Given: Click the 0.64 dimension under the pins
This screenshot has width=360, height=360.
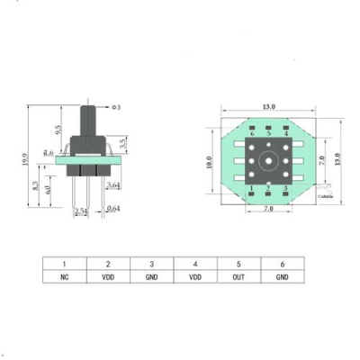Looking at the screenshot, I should (x=113, y=211).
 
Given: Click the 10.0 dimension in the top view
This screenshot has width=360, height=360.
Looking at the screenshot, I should (x=208, y=164).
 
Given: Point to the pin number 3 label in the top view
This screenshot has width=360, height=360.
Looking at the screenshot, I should (x=285, y=188).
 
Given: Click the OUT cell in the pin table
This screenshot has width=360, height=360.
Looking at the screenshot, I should (x=238, y=277).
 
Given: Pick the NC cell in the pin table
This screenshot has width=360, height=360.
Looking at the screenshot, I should (x=65, y=277).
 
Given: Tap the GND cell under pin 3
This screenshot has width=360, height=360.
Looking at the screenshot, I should (x=151, y=277).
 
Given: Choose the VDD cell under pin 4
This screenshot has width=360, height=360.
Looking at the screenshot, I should (x=194, y=277).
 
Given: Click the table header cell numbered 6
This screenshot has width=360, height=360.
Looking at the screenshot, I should (x=281, y=264).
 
